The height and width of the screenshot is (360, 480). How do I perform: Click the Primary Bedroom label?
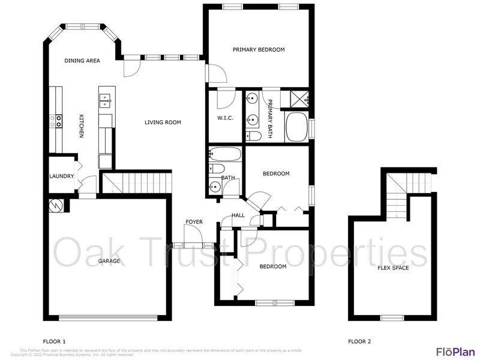(259, 50)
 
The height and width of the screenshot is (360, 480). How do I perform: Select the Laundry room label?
(62, 176)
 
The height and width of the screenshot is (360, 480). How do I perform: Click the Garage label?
(109, 261)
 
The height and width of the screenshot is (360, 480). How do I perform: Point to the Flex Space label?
(393, 268)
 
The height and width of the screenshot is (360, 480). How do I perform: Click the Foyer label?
(194, 222)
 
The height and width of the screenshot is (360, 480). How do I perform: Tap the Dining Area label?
(82, 61)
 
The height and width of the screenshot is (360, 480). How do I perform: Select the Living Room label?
(163, 122)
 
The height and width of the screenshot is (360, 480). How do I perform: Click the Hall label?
(238, 215)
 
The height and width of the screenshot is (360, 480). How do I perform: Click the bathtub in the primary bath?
(296, 127)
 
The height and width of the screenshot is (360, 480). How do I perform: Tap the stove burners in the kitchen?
(59, 121)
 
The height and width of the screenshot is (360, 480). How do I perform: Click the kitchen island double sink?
(105, 100)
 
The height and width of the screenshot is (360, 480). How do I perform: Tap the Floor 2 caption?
(359, 341)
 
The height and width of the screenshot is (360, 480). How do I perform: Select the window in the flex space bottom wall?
(392, 317)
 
